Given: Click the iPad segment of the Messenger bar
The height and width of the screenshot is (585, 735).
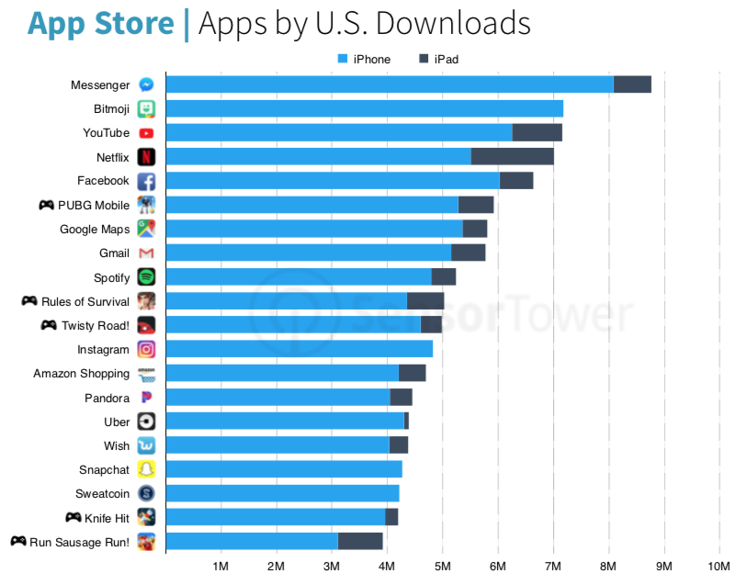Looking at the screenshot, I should click(632, 84).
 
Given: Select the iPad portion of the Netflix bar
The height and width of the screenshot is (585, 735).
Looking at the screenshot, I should click(512, 156).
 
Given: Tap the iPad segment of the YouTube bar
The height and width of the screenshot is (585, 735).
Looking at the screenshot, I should click(537, 132).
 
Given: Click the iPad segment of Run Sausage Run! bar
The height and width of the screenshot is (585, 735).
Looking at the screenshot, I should click(360, 541).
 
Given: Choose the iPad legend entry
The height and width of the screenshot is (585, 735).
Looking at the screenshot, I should click(438, 60).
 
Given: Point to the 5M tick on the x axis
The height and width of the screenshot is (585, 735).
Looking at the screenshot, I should click(442, 565).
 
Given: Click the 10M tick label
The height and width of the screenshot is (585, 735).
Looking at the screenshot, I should click(718, 565).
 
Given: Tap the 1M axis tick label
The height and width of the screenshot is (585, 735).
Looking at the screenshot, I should click(220, 565).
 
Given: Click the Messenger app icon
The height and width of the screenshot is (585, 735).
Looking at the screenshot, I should click(146, 84).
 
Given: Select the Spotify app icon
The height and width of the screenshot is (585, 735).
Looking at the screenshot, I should click(146, 276).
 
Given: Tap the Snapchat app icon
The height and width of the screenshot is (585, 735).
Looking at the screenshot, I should click(146, 469).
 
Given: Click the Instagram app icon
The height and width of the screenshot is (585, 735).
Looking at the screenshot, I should click(146, 349).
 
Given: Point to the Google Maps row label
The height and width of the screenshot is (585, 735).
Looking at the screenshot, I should click(95, 229).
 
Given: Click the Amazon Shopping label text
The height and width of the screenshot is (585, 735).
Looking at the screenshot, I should click(81, 374).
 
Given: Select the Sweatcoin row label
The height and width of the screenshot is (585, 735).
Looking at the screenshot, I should click(102, 493).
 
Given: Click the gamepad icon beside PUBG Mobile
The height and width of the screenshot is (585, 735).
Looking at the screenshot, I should click(46, 205).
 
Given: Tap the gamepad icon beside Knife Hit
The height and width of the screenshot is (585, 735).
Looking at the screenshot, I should click(73, 517).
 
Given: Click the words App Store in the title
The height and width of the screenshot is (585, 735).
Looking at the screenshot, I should click(100, 23).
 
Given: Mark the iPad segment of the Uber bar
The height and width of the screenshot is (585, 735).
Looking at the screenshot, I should click(406, 421).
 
